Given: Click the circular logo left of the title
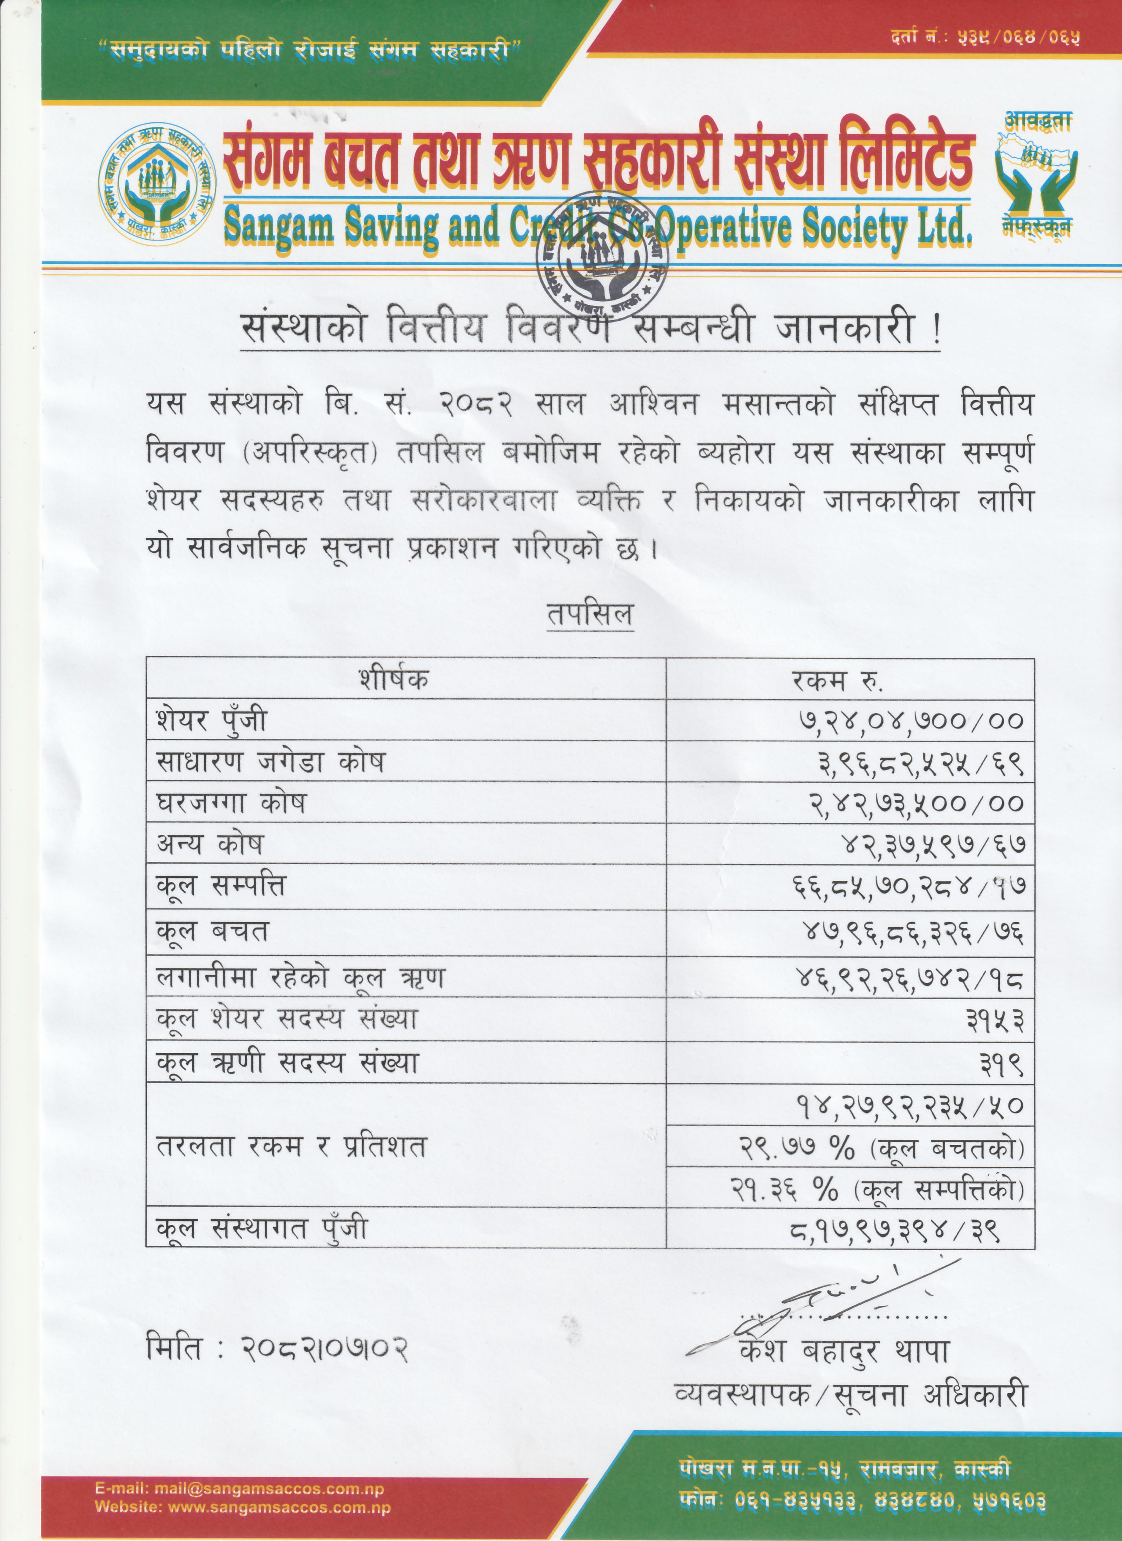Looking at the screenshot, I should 157,184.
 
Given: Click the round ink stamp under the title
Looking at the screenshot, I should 602,257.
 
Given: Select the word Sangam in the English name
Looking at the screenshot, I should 279,227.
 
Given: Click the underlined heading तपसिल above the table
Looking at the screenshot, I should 590,614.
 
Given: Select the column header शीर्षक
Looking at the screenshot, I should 394,679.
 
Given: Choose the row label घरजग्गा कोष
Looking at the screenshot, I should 231,803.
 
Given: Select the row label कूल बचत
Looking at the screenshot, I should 212,931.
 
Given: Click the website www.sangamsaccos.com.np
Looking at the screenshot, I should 279,1507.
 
